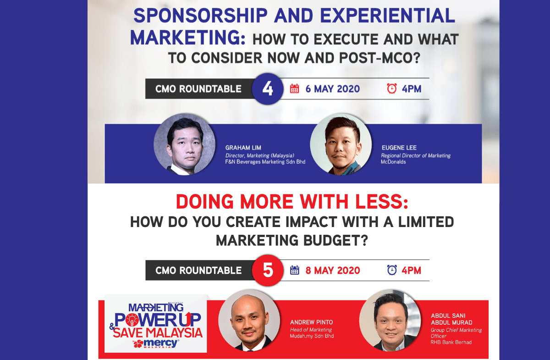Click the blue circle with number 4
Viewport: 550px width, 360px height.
[x=268, y=89]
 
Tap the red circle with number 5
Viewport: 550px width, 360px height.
[x=268, y=270]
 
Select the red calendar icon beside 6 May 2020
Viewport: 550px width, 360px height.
[x=294, y=89]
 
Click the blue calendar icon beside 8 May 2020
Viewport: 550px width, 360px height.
[x=294, y=270]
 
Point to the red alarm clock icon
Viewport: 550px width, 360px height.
[x=391, y=89]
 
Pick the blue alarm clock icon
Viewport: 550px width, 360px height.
[x=392, y=270]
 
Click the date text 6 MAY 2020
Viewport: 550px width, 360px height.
[x=333, y=89]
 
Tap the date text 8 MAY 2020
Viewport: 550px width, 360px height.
[x=333, y=270]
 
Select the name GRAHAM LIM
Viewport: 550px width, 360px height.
[x=243, y=148]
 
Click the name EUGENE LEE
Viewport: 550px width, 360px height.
[x=399, y=148]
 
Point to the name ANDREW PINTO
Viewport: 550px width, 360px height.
[x=311, y=322]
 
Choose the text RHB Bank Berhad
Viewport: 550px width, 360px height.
[x=451, y=342]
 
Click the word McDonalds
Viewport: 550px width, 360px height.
[x=393, y=162]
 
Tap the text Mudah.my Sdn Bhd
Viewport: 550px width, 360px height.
[x=312, y=336]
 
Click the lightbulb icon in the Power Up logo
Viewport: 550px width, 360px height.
[x=132, y=320]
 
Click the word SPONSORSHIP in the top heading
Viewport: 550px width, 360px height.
[x=200, y=16]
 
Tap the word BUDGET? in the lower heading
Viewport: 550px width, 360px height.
[x=335, y=240]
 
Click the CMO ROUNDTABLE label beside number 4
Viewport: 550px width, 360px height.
[x=198, y=89]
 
